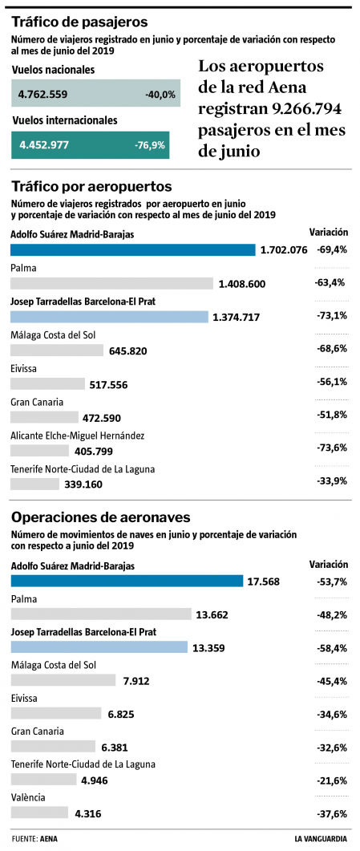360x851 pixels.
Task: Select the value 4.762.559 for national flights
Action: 43,95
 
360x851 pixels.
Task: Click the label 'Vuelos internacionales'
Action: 64,120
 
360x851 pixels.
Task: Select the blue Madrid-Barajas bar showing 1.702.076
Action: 132,249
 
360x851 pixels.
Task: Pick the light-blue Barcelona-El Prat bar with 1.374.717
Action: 109,317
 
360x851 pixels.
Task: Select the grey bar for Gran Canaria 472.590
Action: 44,417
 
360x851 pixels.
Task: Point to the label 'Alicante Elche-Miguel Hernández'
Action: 77,436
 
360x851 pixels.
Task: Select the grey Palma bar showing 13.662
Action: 102,614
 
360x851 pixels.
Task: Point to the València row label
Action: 29,797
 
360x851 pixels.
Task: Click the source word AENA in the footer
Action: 50,839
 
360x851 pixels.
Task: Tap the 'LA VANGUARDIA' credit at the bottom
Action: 321,839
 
